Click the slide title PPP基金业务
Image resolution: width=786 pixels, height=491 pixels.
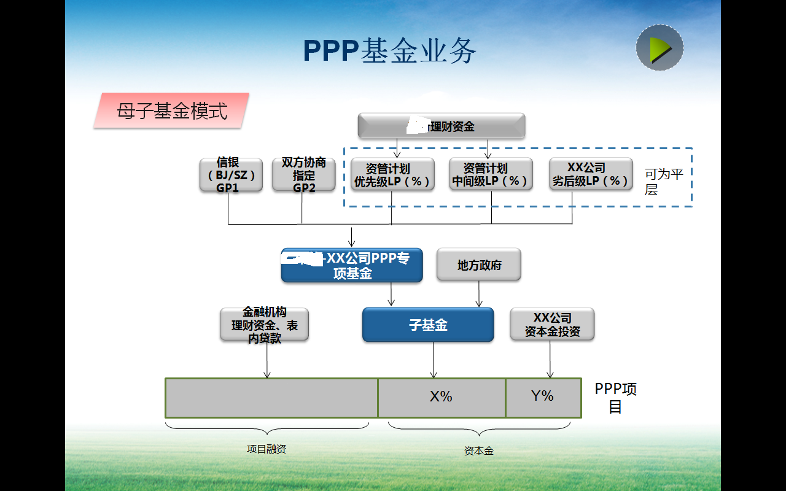tap(389, 51)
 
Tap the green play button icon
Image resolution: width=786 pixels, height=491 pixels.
tap(660, 48)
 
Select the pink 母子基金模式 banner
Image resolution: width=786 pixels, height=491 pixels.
tap(171, 111)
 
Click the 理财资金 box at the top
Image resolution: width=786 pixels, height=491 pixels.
tap(442, 126)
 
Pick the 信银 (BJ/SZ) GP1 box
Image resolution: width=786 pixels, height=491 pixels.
tap(231, 175)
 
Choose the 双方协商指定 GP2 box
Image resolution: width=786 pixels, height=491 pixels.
tap(304, 175)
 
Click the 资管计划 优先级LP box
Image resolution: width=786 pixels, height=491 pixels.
tap(392, 175)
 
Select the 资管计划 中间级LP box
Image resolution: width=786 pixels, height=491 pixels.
tap(491, 175)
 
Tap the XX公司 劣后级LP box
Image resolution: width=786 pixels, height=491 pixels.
tap(591, 175)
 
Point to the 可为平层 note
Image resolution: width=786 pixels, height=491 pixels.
tap(663, 182)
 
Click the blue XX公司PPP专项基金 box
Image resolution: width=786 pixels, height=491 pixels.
tap(352, 266)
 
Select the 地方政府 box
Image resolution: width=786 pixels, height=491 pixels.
tap(479, 265)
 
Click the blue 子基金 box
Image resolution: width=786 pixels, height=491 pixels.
tap(428, 325)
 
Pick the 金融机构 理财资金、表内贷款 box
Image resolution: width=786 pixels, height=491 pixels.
tap(265, 325)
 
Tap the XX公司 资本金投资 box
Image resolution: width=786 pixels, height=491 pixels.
tap(552, 325)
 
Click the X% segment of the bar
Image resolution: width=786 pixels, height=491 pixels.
tap(441, 397)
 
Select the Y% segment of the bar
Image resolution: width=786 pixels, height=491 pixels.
tap(543, 397)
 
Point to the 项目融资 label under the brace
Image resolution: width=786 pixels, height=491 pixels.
tap(266, 449)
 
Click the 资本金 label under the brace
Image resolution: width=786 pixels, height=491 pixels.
tap(479, 451)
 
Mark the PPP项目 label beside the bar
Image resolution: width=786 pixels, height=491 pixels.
tap(615, 398)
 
